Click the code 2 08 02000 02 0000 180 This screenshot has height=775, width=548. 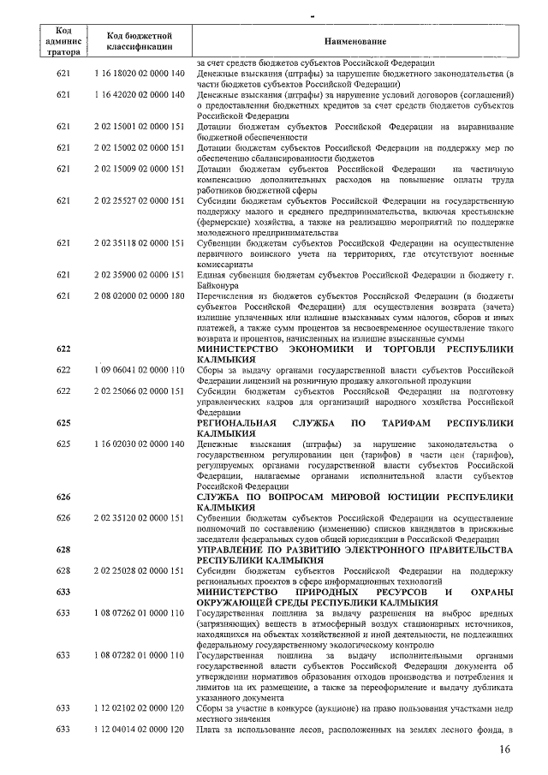tap(140, 296)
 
